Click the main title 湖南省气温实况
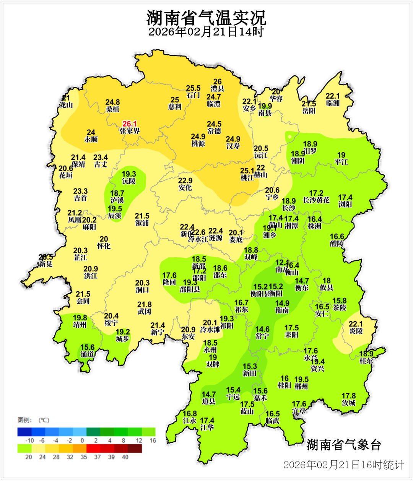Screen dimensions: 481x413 point(206,18)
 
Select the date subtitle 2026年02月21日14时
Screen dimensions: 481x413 point(206,32)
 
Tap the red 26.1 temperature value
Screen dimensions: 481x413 point(129,124)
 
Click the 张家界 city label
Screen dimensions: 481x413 point(129,131)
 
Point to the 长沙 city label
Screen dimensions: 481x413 point(289,208)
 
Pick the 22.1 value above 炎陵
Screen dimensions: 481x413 point(356,324)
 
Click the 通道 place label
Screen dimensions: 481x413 point(87,354)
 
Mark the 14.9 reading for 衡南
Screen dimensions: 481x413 point(282,303)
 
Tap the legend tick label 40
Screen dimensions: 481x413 point(125,457)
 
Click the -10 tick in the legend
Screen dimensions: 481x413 point(29,440)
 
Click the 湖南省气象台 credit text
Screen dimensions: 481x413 point(344,445)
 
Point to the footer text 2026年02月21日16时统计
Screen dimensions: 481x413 point(343,465)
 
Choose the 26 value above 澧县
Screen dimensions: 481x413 point(217,81)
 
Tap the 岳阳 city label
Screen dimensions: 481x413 point(309,111)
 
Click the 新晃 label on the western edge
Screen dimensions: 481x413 point(46,264)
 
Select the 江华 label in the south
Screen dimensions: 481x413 point(207,427)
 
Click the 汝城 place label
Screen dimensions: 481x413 point(348,403)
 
